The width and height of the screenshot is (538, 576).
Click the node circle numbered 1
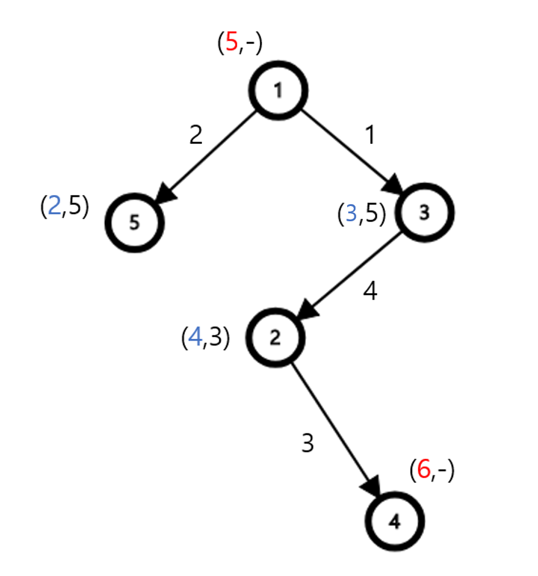pyautogui.click(x=278, y=91)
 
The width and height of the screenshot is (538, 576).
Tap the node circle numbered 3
pyautogui.click(x=425, y=213)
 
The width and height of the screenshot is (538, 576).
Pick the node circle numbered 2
pyautogui.click(x=274, y=339)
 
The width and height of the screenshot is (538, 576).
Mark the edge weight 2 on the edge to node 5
pyautogui.click(x=195, y=135)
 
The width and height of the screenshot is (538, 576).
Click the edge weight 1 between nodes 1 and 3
pyautogui.click(x=368, y=135)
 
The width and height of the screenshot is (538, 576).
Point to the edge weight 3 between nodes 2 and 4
pyautogui.click(x=308, y=444)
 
